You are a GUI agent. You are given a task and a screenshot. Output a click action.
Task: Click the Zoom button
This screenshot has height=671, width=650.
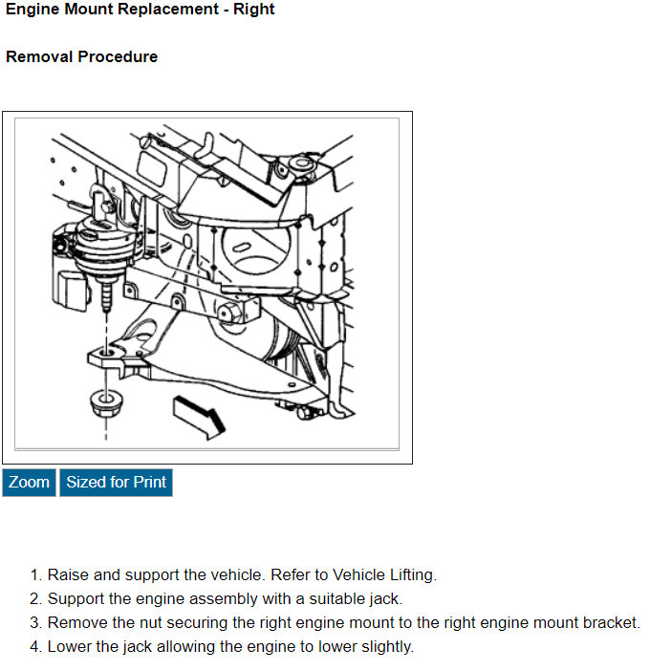tap(29, 483)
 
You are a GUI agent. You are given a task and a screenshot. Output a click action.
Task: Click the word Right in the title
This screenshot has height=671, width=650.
tap(253, 10)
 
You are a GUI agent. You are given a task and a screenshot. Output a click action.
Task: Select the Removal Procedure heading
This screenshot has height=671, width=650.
tap(82, 56)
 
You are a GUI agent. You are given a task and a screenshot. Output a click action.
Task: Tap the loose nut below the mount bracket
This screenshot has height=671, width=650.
tap(106, 403)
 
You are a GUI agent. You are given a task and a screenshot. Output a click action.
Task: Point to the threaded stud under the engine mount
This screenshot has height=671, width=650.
tap(106, 296)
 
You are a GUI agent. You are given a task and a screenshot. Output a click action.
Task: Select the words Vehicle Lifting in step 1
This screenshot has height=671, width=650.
tap(383, 574)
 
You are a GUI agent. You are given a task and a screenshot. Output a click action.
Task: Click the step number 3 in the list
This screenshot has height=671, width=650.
tap(34, 622)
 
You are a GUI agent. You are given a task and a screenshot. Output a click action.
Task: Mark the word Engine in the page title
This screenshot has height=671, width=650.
tap(32, 10)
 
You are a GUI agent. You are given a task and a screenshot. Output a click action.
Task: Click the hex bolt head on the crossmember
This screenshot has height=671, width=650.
tap(228, 314)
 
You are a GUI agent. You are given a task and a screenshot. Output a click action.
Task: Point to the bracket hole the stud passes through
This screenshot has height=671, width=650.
tap(106, 353)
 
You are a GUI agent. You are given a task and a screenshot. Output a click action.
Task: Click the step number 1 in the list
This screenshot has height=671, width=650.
tap(34, 574)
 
